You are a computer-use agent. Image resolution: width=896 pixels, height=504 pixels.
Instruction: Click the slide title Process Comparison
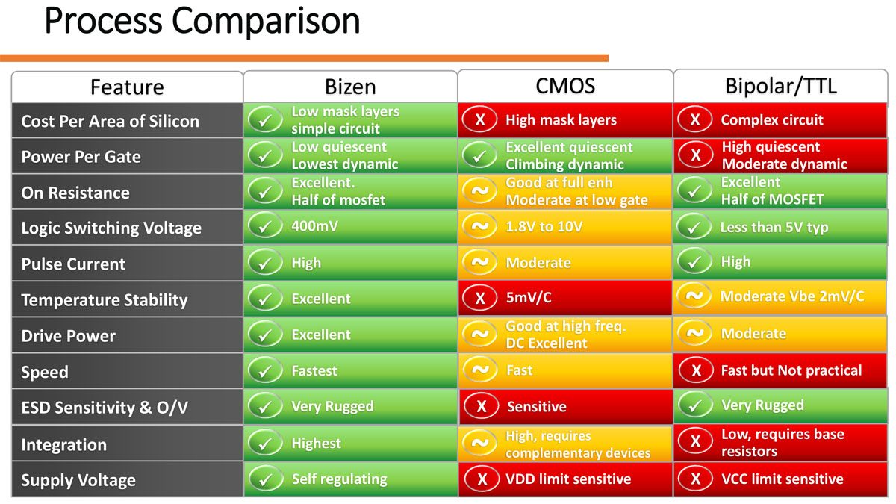tap(202, 22)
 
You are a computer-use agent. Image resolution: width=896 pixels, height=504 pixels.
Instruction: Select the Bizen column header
tap(350, 87)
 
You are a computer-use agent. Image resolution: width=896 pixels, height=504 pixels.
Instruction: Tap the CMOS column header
tap(565, 86)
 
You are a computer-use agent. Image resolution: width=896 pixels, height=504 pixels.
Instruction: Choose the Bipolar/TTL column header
tap(781, 87)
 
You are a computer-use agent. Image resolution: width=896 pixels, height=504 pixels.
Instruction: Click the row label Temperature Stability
tap(105, 300)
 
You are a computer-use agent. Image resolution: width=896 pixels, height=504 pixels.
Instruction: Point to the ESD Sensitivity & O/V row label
tap(105, 408)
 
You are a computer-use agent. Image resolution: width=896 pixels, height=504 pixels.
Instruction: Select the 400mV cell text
tap(314, 226)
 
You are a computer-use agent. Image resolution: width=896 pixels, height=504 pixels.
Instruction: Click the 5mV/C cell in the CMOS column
tap(529, 298)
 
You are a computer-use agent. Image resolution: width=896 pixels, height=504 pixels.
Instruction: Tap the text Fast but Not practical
tap(791, 370)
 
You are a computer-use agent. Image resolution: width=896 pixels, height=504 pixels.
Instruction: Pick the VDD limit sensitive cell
tap(568, 479)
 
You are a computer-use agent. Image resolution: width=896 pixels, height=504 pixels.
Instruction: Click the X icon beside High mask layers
tap(480, 119)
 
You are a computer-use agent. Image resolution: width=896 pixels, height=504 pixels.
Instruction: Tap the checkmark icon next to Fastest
tap(265, 371)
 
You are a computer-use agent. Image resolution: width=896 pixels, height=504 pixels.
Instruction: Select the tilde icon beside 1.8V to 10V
tap(480, 227)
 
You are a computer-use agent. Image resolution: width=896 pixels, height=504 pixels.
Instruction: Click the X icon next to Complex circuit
tap(695, 119)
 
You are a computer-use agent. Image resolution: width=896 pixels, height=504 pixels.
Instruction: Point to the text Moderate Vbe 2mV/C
tap(792, 296)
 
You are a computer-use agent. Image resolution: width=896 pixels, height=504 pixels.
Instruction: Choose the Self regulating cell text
tap(339, 479)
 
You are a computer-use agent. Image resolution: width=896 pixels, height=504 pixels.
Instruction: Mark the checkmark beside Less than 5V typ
tap(694, 227)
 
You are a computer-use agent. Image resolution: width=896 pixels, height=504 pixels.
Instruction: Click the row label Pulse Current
tap(73, 264)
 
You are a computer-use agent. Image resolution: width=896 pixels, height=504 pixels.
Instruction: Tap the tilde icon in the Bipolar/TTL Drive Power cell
tap(695, 333)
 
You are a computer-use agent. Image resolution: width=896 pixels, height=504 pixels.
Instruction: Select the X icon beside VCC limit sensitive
tap(696, 479)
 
